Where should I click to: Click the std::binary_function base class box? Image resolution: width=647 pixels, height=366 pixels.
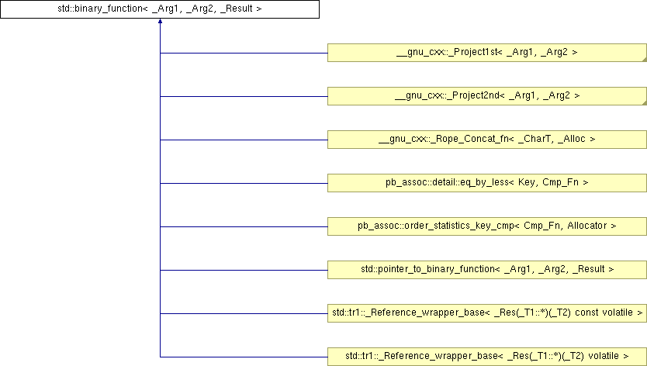point(160,9)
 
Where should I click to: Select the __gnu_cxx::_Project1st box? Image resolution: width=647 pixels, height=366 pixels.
point(487,53)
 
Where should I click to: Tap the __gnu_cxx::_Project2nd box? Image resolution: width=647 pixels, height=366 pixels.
point(487,96)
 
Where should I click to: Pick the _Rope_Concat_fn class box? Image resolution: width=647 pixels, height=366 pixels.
point(487,140)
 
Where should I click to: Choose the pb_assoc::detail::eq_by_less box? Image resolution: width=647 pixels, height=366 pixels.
point(487,183)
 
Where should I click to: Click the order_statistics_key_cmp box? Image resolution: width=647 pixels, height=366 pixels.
point(487,226)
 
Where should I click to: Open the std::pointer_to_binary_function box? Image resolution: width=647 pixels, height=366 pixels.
point(487,270)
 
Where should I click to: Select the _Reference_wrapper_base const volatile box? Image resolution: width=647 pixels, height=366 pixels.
point(487,313)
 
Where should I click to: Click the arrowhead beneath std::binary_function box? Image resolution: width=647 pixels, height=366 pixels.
point(160,21)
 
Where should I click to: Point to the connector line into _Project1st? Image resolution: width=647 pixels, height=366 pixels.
point(244,53)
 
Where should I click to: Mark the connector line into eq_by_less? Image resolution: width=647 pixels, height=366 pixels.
point(244,183)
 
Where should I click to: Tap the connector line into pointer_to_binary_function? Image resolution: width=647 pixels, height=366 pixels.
point(244,271)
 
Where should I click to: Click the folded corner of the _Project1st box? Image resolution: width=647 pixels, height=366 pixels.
point(645,60)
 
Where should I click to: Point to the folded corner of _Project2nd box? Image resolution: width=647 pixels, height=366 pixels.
point(645,103)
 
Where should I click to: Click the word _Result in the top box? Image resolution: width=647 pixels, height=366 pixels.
point(237,9)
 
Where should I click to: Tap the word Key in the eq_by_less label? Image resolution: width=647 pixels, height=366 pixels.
point(528,182)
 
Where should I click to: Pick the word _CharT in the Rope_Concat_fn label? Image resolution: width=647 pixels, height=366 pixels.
point(536,139)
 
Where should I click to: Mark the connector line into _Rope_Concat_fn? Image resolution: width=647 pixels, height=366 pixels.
point(244,140)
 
